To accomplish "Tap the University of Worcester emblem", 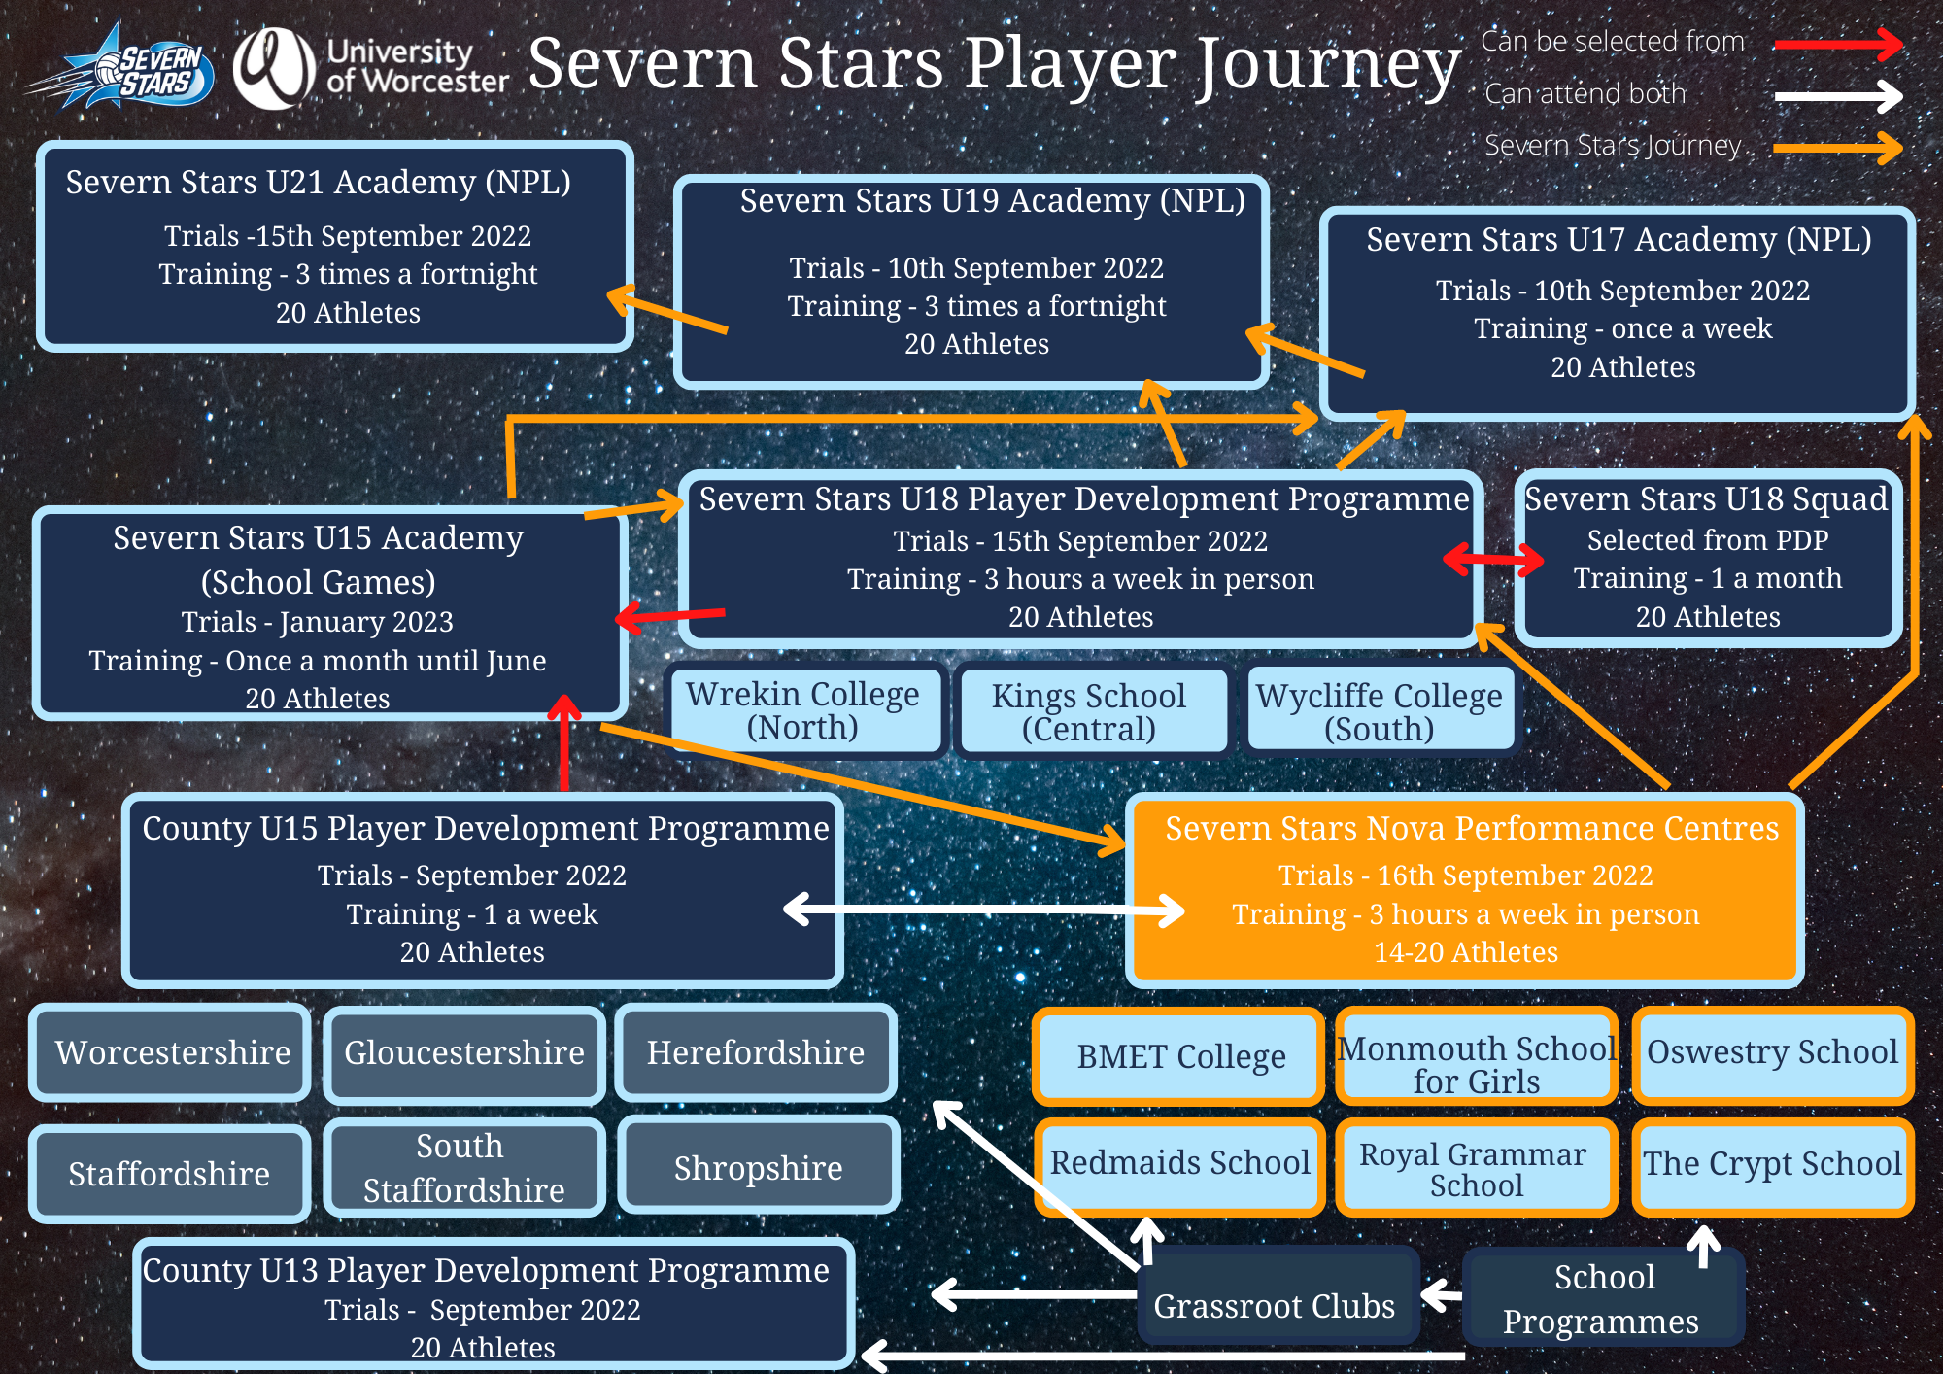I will tap(274, 68).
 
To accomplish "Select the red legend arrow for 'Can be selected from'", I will tap(1837, 44).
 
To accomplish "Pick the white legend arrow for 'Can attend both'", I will tap(1837, 95).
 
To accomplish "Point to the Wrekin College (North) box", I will tap(803, 710).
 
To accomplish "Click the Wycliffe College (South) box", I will tap(1380, 711).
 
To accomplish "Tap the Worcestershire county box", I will tap(171, 1053).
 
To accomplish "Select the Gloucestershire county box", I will tap(464, 1053).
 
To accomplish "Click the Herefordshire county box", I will tap(756, 1053).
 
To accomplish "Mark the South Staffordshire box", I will tap(464, 1167).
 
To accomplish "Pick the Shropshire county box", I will tap(758, 1167).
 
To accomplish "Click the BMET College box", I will tap(1179, 1056).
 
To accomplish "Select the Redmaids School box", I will tap(1179, 1164).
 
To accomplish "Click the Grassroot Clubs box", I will tap(1275, 1298).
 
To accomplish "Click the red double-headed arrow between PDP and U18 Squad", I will tap(1494, 559).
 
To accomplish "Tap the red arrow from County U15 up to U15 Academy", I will tap(564, 743).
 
